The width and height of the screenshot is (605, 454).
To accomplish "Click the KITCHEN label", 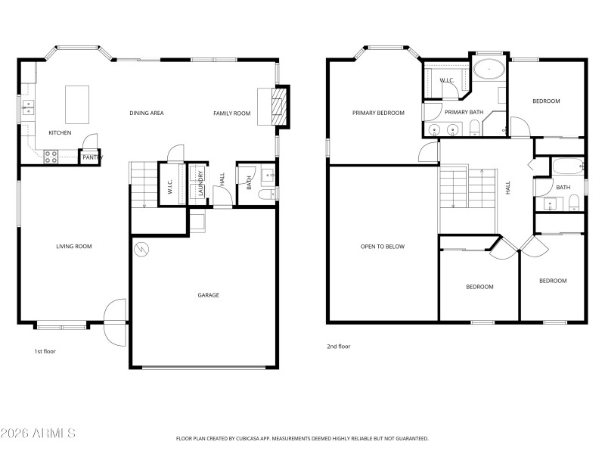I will point(60,133).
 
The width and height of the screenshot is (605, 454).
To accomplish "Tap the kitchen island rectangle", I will point(77,104).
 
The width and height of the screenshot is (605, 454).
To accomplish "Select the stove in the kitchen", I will point(51,157).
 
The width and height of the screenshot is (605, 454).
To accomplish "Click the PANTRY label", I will point(92,157).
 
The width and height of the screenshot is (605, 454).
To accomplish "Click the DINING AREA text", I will point(147,113).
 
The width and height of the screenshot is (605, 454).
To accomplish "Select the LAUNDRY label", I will point(200,183).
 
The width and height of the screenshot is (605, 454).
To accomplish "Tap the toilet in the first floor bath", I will point(265,194).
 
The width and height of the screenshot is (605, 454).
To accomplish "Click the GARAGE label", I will point(209,295).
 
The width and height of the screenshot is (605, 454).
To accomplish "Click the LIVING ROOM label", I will point(74,246).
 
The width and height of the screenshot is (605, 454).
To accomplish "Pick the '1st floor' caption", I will point(45,351).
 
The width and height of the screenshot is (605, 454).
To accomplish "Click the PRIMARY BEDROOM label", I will point(378,113).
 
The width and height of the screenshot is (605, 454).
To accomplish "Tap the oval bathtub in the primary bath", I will point(490,71).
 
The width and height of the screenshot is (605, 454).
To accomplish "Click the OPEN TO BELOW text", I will point(383,246).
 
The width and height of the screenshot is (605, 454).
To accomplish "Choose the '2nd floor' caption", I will point(338,346).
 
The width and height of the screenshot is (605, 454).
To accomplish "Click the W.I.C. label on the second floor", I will point(446,80).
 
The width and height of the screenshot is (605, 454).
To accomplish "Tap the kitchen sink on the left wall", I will point(28,106).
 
